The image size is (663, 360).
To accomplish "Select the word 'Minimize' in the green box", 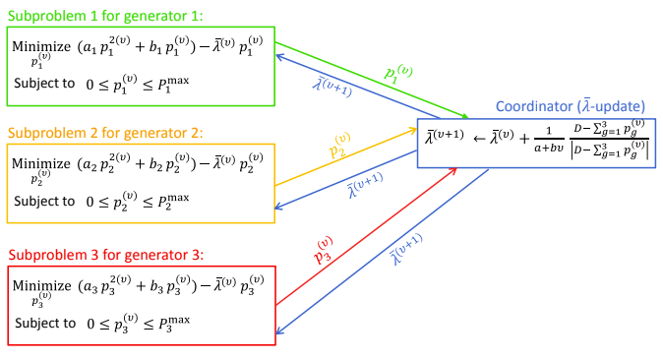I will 39,46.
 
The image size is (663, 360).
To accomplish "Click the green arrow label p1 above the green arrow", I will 398,74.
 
